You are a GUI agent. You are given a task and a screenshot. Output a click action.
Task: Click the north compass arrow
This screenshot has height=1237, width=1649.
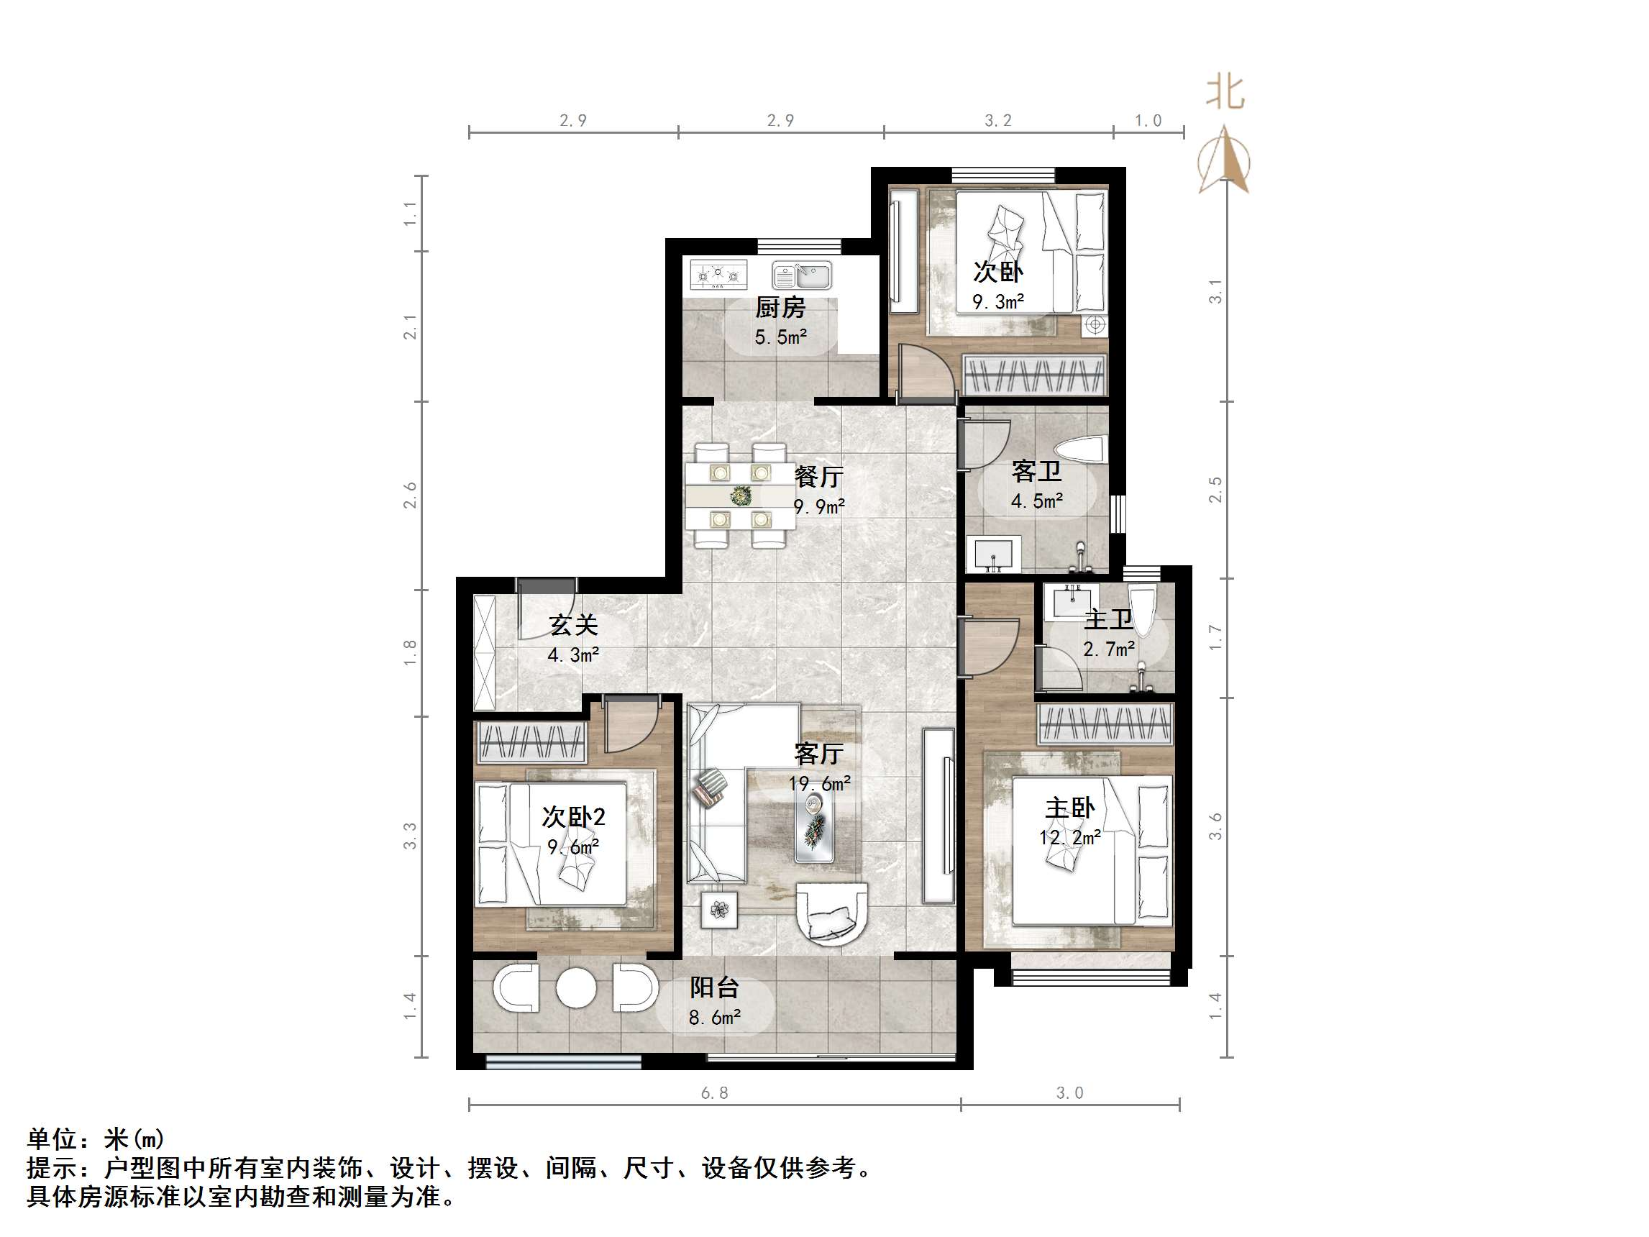pos(1223,160)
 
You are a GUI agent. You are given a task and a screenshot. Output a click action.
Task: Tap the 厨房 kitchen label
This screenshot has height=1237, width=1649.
pos(780,306)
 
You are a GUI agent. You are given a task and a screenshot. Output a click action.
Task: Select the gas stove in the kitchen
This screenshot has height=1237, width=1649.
pos(718,275)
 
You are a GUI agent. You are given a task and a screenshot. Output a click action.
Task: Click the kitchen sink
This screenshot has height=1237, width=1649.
pos(801,275)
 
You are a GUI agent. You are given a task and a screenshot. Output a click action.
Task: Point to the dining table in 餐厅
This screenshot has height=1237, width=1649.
pos(740,495)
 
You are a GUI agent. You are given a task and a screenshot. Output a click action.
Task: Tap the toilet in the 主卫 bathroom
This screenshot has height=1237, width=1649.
pos(1141,611)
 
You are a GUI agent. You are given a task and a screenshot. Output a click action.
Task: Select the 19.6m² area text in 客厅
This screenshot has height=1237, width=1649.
pos(819,784)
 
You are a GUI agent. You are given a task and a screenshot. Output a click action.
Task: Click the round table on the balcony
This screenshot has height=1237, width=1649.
pos(576,989)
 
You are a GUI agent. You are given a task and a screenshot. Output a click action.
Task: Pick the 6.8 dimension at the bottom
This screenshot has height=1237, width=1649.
pos(714,1093)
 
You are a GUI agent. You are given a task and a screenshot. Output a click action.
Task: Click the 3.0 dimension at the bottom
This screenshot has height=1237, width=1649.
pos(1070,1093)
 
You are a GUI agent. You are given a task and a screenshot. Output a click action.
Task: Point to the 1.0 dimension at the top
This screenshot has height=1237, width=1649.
pos(1148,121)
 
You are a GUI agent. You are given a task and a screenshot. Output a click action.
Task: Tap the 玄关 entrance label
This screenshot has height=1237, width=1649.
pos(572,625)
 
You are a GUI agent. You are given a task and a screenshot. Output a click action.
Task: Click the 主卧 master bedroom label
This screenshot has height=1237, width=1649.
pos(1070,808)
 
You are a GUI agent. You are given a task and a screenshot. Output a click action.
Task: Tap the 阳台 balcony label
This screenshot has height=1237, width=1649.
pos(713,987)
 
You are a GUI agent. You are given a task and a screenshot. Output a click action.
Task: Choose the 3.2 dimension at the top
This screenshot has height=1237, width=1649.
pos(998,121)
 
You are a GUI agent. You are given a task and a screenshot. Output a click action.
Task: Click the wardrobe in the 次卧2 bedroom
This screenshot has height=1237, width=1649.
pos(531,742)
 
